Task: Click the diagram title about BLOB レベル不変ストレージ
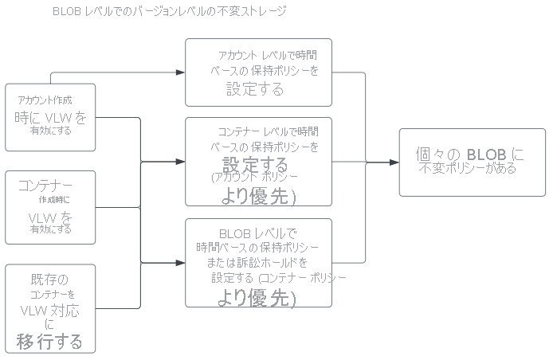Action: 169,12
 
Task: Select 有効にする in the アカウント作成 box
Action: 51,131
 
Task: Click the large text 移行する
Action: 49,342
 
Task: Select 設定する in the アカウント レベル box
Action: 255,89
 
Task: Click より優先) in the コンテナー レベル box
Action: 257,196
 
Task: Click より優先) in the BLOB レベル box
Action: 257,298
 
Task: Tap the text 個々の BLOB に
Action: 470,153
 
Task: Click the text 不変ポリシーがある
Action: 468,168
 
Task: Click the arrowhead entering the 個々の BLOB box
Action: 394,162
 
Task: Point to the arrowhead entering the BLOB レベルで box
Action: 181,263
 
